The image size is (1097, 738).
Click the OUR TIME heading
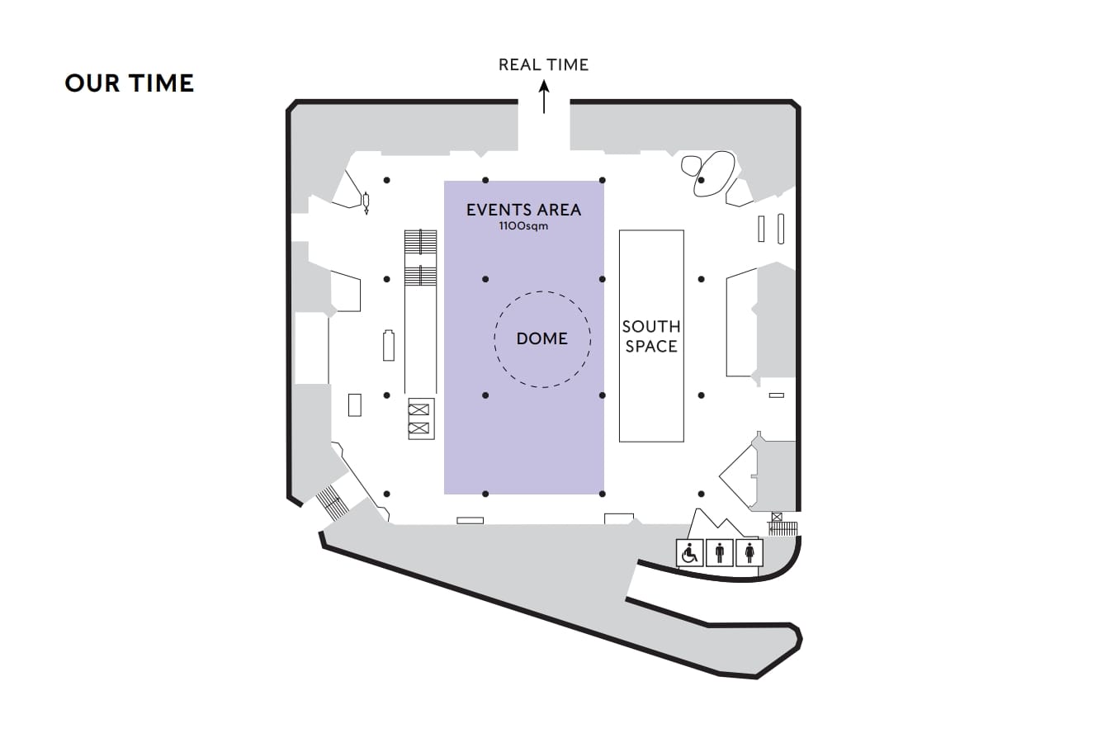(129, 83)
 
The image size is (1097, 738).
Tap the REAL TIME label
(543, 64)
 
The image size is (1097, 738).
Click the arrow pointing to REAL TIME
(544, 97)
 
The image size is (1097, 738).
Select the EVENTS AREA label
(523, 210)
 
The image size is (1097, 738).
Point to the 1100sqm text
(523, 225)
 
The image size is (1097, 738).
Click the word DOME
(542, 338)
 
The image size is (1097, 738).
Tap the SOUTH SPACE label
(651, 337)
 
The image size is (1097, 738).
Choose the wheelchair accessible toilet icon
(689, 553)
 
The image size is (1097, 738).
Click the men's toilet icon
(720, 553)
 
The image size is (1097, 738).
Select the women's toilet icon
(749, 553)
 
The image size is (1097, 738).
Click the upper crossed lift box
(420, 409)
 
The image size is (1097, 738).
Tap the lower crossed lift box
(420, 428)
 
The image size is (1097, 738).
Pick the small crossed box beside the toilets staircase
(776, 518)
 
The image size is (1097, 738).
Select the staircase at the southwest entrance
(330, 501)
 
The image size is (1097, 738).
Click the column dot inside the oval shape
(701, 180)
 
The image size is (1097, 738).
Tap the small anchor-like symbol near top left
(366, 201)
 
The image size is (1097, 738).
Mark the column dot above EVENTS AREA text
(485, 180)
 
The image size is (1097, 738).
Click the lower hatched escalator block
(420, 276)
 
